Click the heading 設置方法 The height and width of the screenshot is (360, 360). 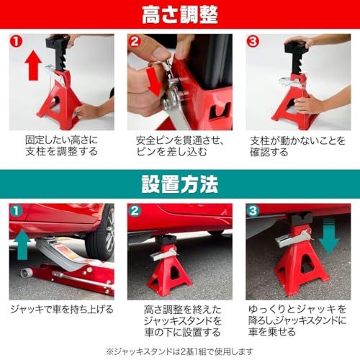tap(179, 186)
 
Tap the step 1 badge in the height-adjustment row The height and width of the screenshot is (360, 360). tap(17, 42)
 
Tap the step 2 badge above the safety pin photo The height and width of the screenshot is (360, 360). tap(135, 42)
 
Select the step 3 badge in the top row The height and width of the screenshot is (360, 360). tap(253, 42)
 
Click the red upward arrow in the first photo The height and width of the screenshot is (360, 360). tap(30, 68)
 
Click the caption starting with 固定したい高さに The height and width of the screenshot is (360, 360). tap(60, 145)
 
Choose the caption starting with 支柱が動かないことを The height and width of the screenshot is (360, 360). tap(297, 145)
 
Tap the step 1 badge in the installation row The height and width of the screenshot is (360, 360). tap(17, 212)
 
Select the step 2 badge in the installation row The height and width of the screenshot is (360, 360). tap(135, 212)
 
